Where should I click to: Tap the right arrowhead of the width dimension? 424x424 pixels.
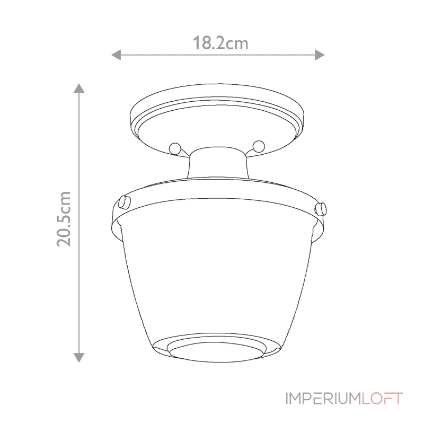pyautogui.click(x=320, y=55)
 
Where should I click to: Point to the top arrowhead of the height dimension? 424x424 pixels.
pyautogui.click(x=79, y=88)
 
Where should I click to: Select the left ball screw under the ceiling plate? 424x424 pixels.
pyautogui.click(x=173, y=148)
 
